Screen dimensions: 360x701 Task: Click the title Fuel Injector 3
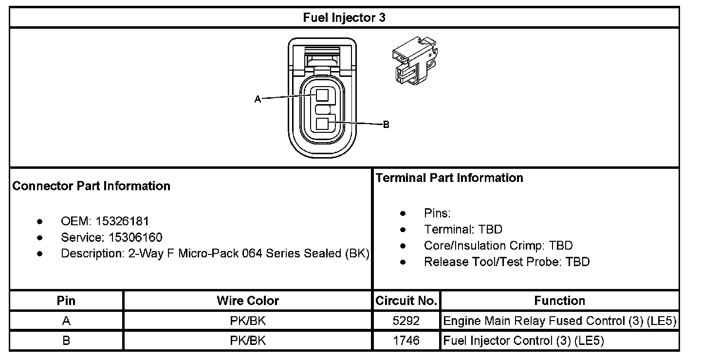344,18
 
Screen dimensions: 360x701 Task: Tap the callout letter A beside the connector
258,99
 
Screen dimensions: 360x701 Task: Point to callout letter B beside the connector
386,125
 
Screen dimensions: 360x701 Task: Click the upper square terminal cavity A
322,94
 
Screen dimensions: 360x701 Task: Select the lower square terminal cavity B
322,124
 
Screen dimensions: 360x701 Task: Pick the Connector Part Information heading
91,186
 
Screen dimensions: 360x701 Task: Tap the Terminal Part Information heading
449,178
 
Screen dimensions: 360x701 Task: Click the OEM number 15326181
122,221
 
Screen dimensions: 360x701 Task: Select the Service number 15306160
129,237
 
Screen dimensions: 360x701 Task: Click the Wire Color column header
248,301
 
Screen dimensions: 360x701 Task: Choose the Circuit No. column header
406,301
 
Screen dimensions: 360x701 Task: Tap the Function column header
559,301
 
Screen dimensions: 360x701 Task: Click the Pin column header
66,301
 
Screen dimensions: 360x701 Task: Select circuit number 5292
406,321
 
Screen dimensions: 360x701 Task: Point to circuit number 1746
406,341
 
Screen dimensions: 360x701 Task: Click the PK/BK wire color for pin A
248,321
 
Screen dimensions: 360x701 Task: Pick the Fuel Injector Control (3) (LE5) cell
523,341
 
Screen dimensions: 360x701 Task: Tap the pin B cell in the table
66,341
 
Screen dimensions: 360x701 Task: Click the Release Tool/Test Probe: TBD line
506,262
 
